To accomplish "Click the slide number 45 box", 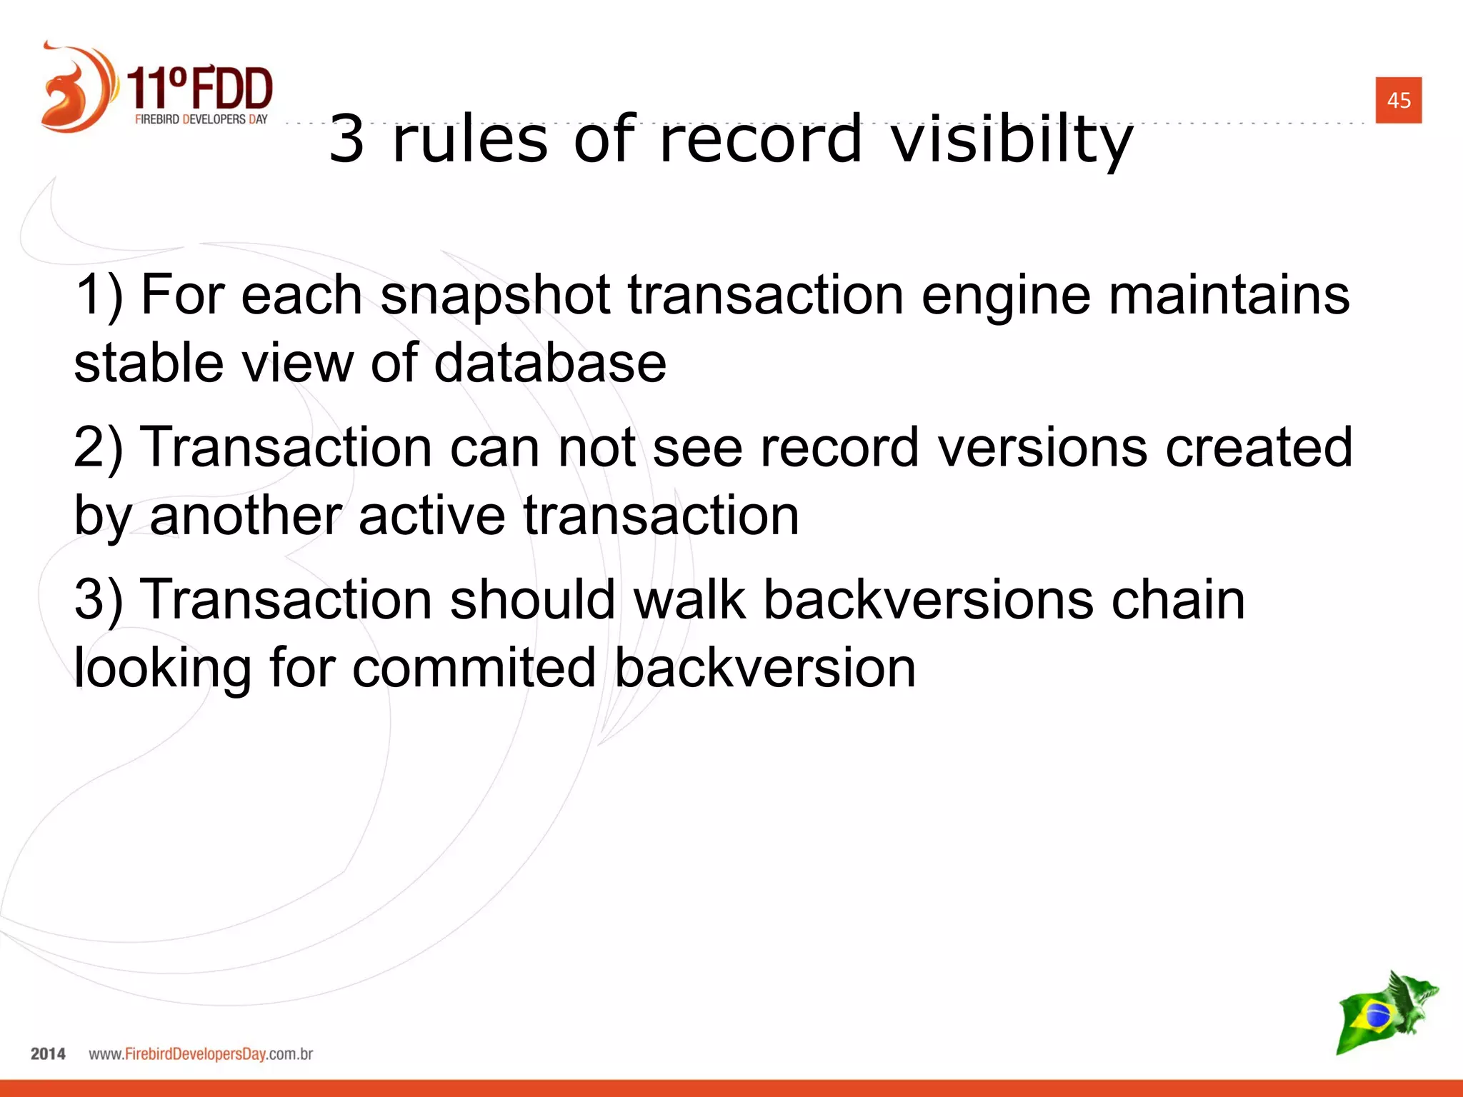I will click(x=1398, y=100).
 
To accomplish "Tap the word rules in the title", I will click(x=469, y=139).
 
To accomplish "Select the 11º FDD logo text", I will click(x=201, y=89).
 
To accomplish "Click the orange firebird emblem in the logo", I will click(x=75, y=89).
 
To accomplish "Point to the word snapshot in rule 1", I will click(x=494, y=296).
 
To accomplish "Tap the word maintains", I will click(x=1229, y=296).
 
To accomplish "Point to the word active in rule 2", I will click(x=431, y=516).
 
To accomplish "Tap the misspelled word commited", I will click(x=474, y=668).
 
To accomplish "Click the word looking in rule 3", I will click(x=162, y=668).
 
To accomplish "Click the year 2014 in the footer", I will click(x=48, y=1054).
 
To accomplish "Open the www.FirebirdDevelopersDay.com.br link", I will click(x=201, y=1054).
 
